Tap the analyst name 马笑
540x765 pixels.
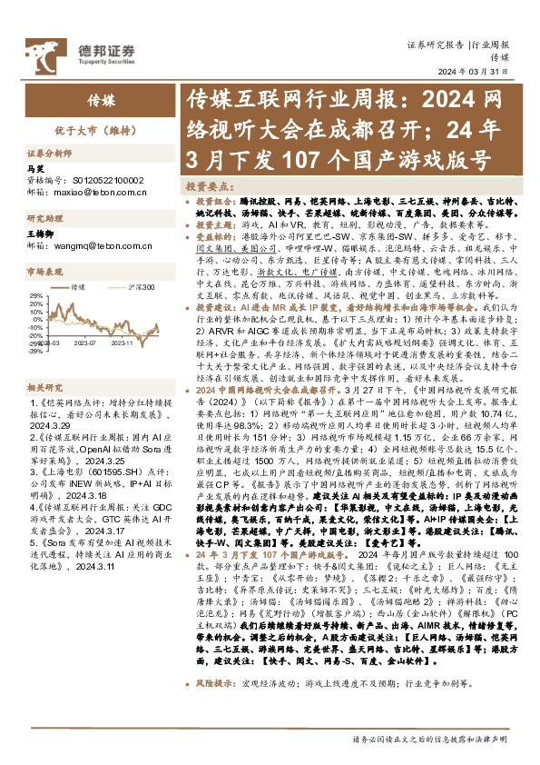click(x=35, y=169)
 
